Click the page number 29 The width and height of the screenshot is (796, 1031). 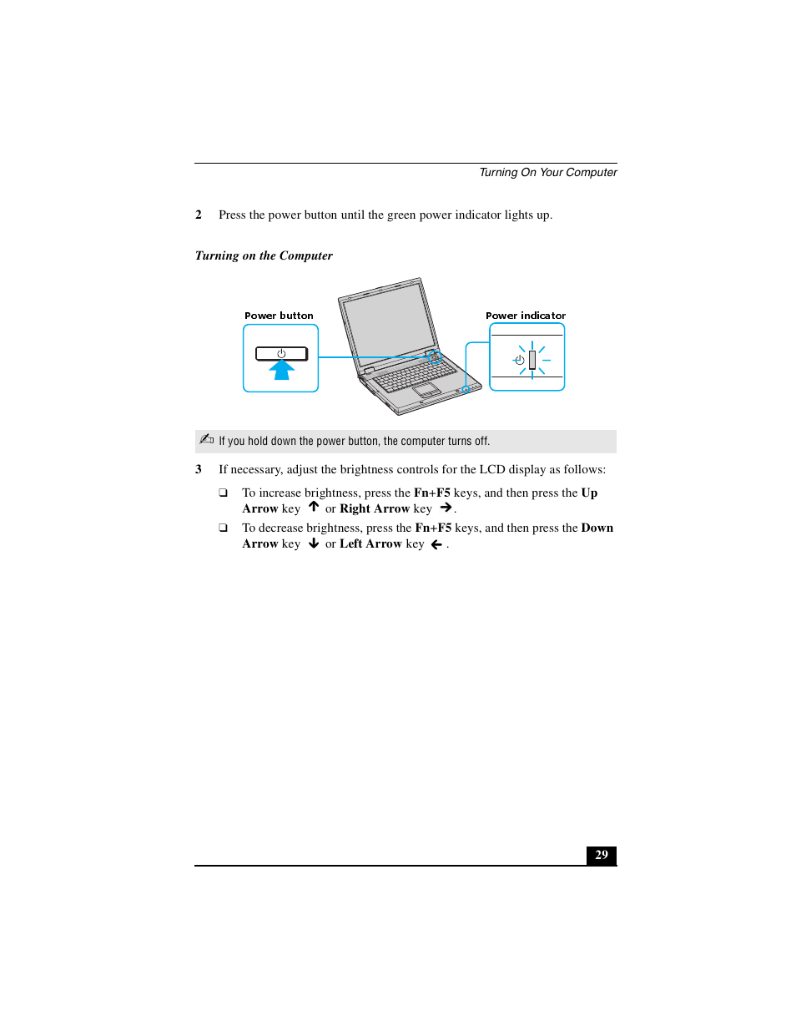pyautogui.click(x=601, y=855)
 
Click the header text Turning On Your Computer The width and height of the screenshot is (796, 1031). pyautogui.click(x=547, y=173)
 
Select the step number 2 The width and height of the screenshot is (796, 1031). pyautogui.click(x=199, y=215)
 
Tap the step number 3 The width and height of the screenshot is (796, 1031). pyautogui.click(x=199, y=470)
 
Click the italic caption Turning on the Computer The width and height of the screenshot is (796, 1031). pyautogui.click(x=264, y=256)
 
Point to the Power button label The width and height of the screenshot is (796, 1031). pyautogui.click(x=279, y=316)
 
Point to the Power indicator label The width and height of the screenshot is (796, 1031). pyautogui.click(x=525, y=316)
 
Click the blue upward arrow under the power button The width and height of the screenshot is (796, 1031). pyautogui.click(x=282, y=370)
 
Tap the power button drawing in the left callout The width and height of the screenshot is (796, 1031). pyautogui.click(x=281, y=354)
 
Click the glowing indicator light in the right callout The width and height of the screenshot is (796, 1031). pyautogui.click(x=532, y=360)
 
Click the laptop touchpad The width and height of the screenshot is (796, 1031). pyautogui.click(x=426, y=390)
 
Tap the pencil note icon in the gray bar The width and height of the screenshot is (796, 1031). pyautogui.click(x=207, y=439)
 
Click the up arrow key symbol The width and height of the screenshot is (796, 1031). pyautogui.click(x=314, y=507)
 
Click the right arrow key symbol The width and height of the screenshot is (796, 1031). pyautogui.click(x=446, y=508)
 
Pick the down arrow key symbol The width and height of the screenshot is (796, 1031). pyautogui.click(x=314, y=543)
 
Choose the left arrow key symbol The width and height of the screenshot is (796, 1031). pyautogui.click(x=436, y=544)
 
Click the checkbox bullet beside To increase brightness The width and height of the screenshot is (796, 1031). pyautogui.click(x=223, y=493)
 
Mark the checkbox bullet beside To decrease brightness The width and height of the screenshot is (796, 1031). pyautogui.click(x=223, y=528)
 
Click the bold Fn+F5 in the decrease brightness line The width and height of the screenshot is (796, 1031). pyautogui.click(x=433, y=528)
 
